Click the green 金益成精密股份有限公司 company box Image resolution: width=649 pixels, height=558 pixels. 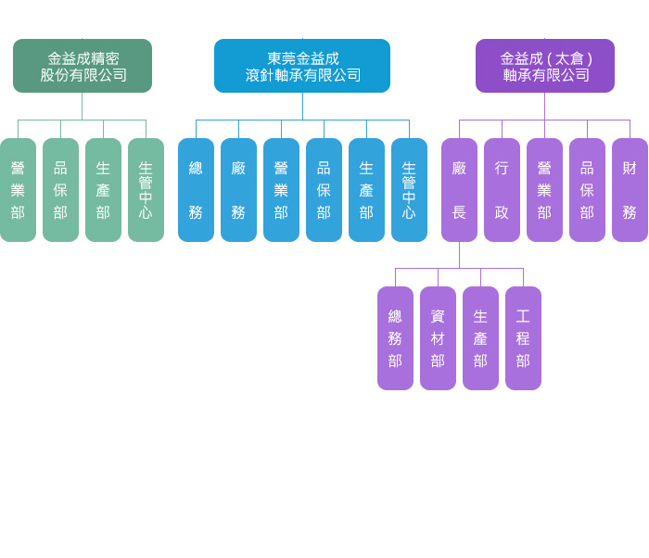click(83, 66)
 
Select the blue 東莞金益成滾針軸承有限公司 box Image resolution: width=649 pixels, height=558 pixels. click(302, 66)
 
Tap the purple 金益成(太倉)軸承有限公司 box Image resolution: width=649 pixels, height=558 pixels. click(545, 66)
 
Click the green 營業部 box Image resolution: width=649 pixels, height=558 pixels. click(18, 190)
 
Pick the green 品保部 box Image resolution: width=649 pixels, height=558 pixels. click(60, 190)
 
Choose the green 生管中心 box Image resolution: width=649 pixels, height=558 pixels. click(146, 190)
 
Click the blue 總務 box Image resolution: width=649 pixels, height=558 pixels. click(196, 190)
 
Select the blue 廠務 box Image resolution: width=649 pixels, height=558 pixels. click(238, 190)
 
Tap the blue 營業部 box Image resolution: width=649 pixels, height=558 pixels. click(281, 190)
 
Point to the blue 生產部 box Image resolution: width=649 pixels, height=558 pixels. click(366, 190)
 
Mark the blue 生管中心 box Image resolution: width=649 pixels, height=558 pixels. click(409, 190)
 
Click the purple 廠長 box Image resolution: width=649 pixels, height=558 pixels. click(459, 190)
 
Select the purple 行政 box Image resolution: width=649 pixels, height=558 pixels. click(502, 190)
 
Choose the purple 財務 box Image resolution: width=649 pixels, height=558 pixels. click(630, 190)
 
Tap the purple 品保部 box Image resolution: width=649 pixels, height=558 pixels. click(587, 190)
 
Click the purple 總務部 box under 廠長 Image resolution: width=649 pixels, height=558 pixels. click(395, 338)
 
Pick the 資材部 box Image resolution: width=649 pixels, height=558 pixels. click(438, 338)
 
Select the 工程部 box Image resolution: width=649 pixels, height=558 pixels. click(523, 338)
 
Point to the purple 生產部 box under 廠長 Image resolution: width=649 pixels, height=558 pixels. click(480, 338)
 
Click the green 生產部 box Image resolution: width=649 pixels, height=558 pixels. click(103, 190)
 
